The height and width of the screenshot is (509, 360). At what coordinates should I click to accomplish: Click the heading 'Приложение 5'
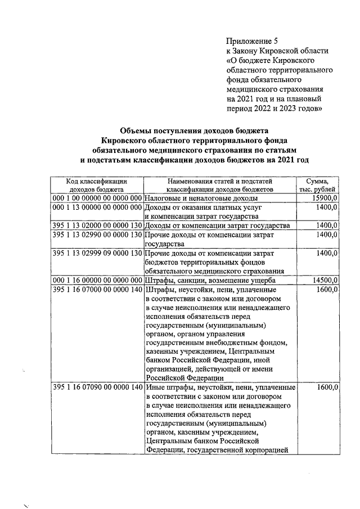point(252,41)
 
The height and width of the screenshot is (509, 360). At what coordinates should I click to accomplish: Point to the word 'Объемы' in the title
point(138,130)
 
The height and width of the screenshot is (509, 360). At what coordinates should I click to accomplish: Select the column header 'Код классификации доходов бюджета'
point(96,185)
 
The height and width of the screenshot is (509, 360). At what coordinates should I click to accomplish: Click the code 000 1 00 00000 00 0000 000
point(96,199)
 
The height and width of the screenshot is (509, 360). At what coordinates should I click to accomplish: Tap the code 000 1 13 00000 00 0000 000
point(96,208)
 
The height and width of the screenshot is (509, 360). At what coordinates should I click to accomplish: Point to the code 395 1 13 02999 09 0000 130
point(96,253)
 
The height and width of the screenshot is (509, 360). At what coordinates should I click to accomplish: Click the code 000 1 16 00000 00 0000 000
point(96,280)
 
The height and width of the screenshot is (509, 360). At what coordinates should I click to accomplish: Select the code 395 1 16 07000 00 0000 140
point(96,289)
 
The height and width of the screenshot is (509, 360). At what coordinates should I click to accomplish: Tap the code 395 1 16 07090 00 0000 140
point(96,388)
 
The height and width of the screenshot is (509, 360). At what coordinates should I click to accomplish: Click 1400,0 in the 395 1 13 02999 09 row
point(326,253)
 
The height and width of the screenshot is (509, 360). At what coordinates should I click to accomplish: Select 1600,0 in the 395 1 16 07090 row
point(326,388)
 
